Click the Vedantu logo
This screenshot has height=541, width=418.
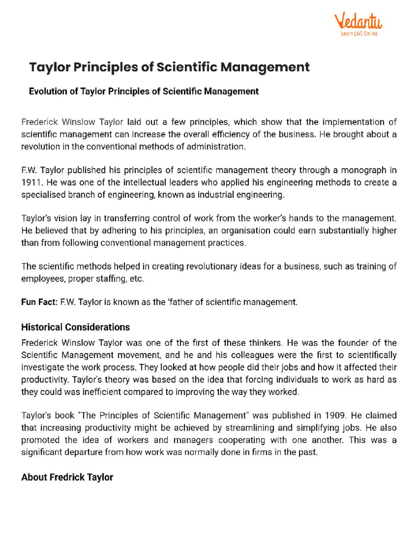(358, 22)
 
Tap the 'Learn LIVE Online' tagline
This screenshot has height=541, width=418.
(359, 34)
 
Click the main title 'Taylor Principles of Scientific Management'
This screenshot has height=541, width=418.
(169, 67)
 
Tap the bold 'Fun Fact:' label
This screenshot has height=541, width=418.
(39, 302)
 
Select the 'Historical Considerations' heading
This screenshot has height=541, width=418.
(75, 327)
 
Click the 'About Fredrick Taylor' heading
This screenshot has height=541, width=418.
(67, 477)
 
